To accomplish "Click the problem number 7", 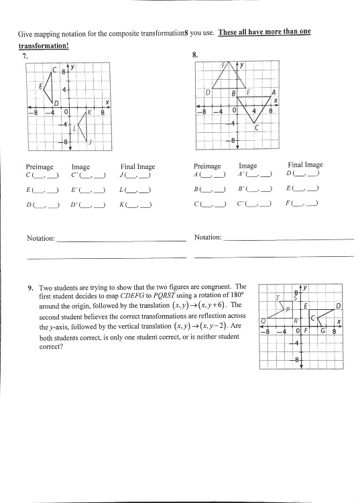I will point(24,56).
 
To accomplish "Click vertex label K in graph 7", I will point(88,113).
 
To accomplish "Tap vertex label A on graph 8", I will point(274,93).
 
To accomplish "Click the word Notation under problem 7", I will point(40,238).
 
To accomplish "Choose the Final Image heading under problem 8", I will point(305,164).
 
